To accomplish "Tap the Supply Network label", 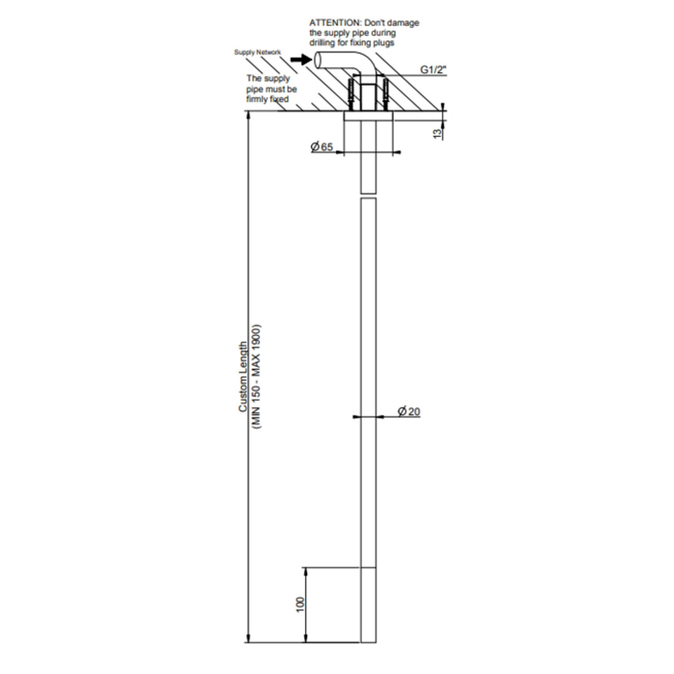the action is point(257,52).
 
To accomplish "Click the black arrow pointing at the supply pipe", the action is point(301,59).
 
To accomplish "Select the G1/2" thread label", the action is point(433,69).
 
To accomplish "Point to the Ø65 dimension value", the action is point(322,147).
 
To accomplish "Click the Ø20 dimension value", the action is point(409,411).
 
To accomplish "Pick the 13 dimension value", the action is point(437,134).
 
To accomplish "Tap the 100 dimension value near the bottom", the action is point(300,605).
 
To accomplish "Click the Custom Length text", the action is point(243,377).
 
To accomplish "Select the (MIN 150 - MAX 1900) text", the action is point(256,377).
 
